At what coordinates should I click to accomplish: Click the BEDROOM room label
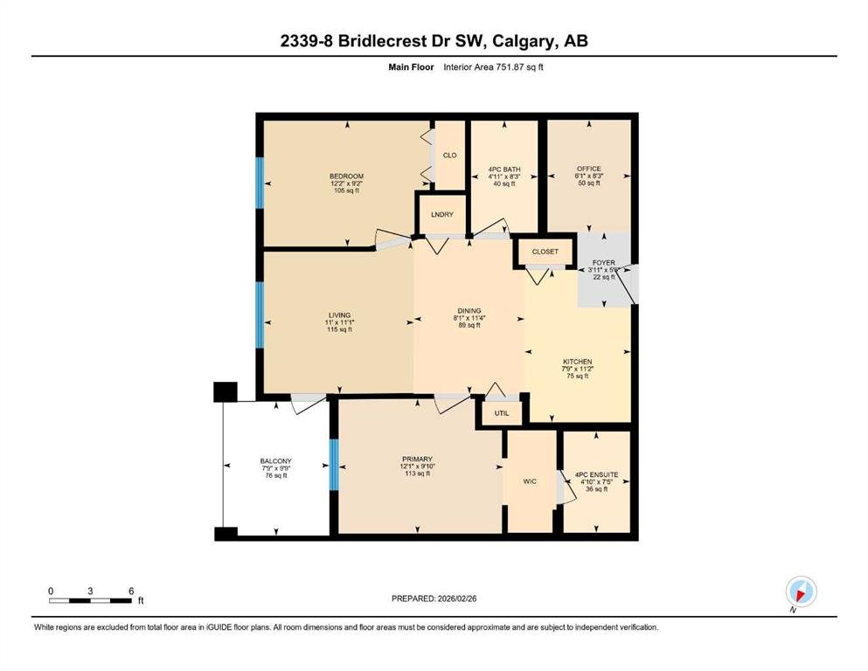click(346, 176)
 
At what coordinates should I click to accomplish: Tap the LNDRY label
click(442, 215)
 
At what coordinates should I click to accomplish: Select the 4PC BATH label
click(504, 169)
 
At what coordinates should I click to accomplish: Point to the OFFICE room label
click(589, 169)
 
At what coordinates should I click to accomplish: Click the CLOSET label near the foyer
click(545, 252)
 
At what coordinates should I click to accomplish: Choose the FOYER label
click(603, 263)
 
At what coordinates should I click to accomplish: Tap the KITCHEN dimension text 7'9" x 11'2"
click(578, 369)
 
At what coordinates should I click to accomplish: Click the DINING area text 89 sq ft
click(469, 325)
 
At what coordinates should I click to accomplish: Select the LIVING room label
click(340, 315)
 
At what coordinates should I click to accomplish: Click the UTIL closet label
click(502, 413)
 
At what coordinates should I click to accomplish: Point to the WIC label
click(530, 481)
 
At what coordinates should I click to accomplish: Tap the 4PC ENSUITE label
click(597, 474)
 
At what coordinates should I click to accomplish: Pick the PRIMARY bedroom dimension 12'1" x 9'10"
click(418, 467)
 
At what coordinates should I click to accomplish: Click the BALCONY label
click(275, 461)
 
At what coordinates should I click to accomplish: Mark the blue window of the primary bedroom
click(334, 465)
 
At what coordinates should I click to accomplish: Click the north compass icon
click(801, 591)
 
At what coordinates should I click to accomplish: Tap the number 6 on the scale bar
click(131, 591)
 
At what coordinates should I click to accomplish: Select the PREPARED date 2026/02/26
click(456, 598)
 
